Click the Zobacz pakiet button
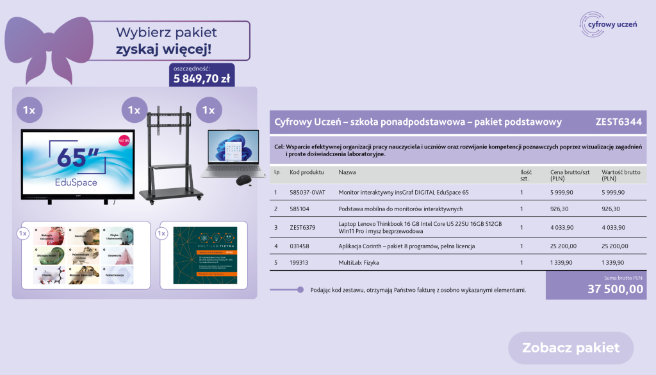pyautogui.click(x=571, y=348)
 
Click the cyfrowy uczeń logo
pyautogui.click(x=608, y=24)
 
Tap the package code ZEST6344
pyautogui.click(x=618, y=122)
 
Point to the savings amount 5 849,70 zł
pyautogui.click(x=202, y=79)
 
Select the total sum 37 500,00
pyautogui.click(x=615, y=289)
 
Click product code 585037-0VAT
pyautogui.click(x=307, y=192)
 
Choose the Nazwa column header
pyautogui.click(x=347, y=172)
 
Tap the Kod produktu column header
pyautogui.click(x=307, y=172)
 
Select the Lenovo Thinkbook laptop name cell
pyautogui.click(x=420, y=227)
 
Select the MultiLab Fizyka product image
pyautogui.click(x=205, y=255)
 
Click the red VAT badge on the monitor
pyautogui.click(x=124, y=140)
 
